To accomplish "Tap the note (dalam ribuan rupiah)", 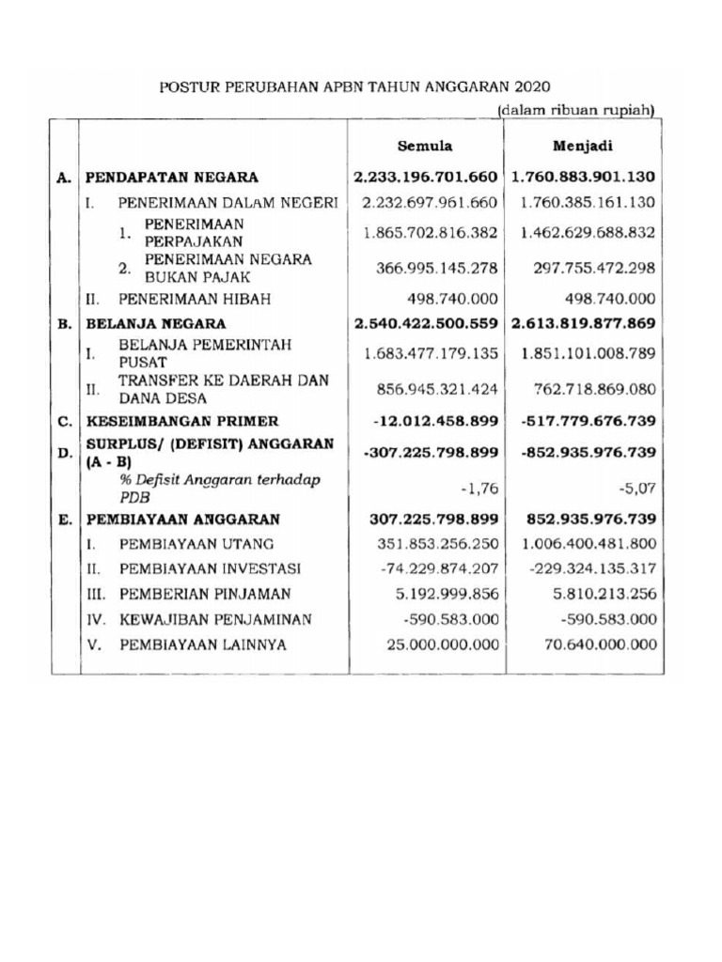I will click(x=575, y=111).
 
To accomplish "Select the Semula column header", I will click(x=425, y=147).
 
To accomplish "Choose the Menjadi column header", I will click(x=584, y=147).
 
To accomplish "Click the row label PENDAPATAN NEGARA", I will click(x=172, y=177).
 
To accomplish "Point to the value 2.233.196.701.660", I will click(x=425, y=177).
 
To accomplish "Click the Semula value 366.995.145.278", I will click(x=436, y=269).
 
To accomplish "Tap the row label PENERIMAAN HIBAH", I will click(x=194, y=300).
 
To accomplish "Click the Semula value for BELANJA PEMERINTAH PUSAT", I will click(x=431, y=354).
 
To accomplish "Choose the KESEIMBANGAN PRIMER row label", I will click(x=182, y=421).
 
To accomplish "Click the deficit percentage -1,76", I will click(x=479, y=488).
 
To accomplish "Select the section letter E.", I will click(x=64, y=518).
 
